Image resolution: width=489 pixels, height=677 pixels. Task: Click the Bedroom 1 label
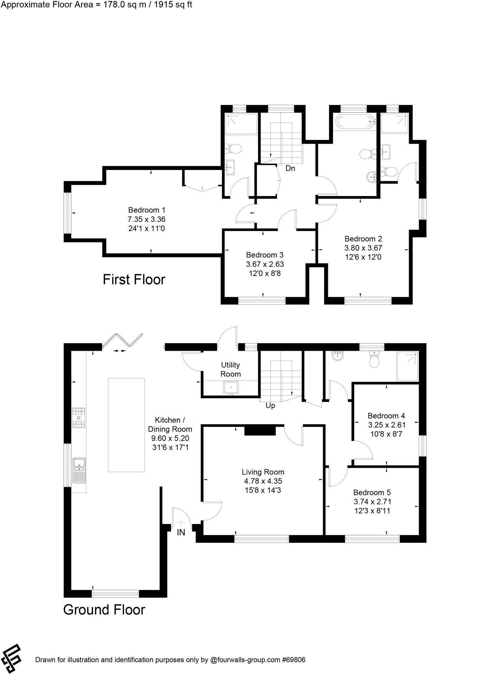[146, 210]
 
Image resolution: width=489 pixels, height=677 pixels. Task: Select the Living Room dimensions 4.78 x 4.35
[263, 481]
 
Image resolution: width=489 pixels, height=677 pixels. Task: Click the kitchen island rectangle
[126, 425]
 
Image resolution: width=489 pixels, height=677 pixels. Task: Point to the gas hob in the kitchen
[79, 418]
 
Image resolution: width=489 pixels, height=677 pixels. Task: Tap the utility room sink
[231, 387]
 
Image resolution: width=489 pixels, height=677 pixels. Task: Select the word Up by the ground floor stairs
[270, 406]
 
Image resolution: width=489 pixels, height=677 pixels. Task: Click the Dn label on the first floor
[290, 168]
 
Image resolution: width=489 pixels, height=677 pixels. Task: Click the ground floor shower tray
[408, 366]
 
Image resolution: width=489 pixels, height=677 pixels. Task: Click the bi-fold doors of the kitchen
[123, 340]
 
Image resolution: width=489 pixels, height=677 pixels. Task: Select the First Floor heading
[134, 280]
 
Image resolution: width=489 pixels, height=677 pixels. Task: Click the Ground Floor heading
[104, 610]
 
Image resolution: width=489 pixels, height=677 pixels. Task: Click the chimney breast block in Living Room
[260, 431]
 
